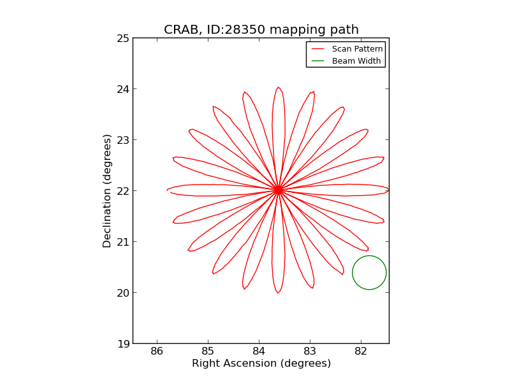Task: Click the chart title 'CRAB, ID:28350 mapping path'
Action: point(261,30)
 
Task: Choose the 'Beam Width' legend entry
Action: point(356,61)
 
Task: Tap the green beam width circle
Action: point(369,272)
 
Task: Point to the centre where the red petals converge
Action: point(278,190)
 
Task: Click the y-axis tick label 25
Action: point(122,38)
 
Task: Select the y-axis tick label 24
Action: point(122,89)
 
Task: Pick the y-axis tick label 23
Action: point(122,140)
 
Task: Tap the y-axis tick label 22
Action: point(122,191)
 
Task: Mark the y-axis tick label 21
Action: point(122,242)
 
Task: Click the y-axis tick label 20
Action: point(122,293)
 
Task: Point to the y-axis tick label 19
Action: point(122,344)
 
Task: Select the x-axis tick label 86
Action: point(157,351)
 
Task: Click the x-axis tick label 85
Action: point(208,351)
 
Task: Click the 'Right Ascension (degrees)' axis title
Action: point(261,364)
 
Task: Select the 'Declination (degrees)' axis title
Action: point(108,191)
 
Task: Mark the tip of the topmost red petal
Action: point(278,88)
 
